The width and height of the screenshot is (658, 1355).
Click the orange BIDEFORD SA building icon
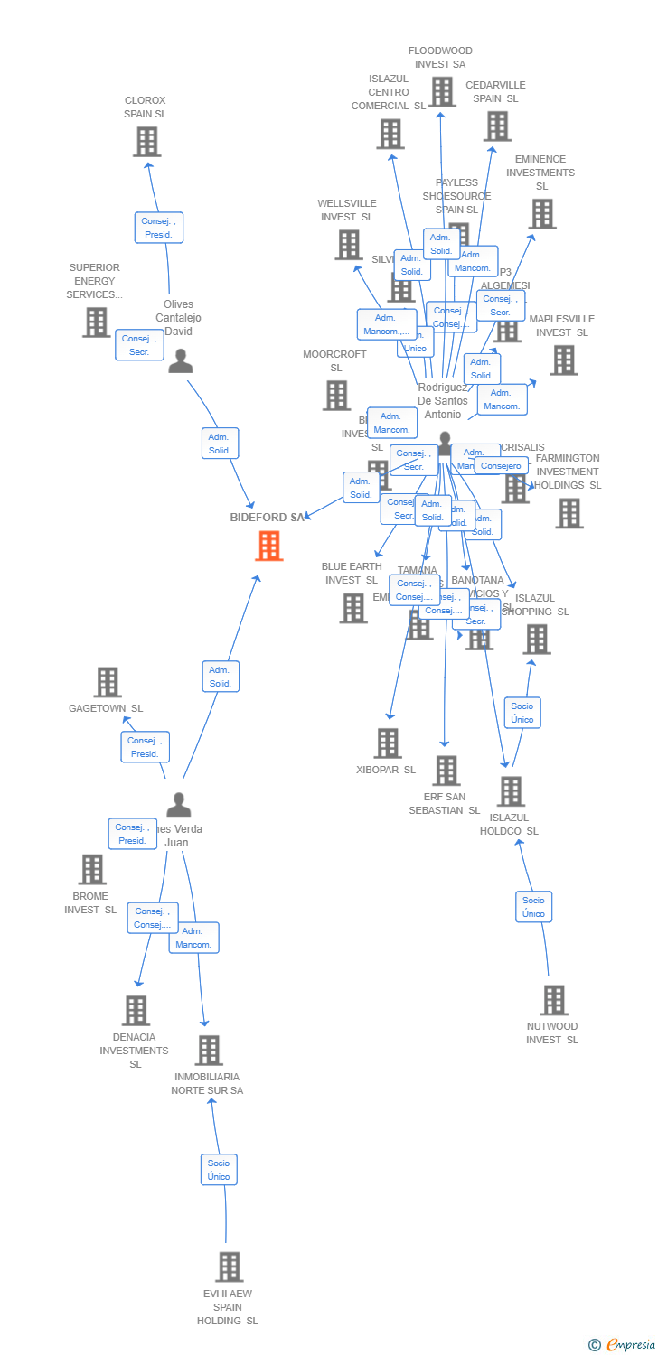click(x=268, y=546)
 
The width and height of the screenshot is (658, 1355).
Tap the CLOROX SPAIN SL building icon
click(x=146, y=142)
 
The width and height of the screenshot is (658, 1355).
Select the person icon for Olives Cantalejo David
click(x=181, y=361)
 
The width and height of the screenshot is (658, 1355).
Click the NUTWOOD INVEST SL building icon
click(x=553, y=1000)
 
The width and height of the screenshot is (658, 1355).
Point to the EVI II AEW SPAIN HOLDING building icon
click(x=230, y=1266)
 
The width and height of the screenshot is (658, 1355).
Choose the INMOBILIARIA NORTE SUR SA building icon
click(x=209, y=1050)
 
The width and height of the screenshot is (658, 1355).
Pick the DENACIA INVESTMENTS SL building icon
click(x=136, y=1010)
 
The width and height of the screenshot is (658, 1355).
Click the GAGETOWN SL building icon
click(x=108, y=682)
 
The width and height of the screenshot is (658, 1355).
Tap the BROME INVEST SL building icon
click(x=92, y=869)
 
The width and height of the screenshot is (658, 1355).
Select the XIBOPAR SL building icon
click(x=388, y=743)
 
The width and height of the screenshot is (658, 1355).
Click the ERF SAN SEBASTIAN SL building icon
click(x=446, y=771)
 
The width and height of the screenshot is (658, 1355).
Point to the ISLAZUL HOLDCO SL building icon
click(x=511, y=791)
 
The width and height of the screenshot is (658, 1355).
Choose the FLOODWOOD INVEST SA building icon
click(x=442, y=91)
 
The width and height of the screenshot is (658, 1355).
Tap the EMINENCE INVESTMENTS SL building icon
click(x=542, y=214)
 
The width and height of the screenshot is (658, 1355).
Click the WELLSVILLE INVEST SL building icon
click(x=349, y=245)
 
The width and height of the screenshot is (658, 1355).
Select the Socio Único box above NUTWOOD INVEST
click(x=533, y=907)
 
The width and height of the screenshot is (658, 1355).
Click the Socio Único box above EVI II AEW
click(x=219, y=1170)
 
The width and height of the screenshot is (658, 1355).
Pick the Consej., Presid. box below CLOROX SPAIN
click(x=159, y=228)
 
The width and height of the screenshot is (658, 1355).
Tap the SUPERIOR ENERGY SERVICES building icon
click(x=96, y=322)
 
